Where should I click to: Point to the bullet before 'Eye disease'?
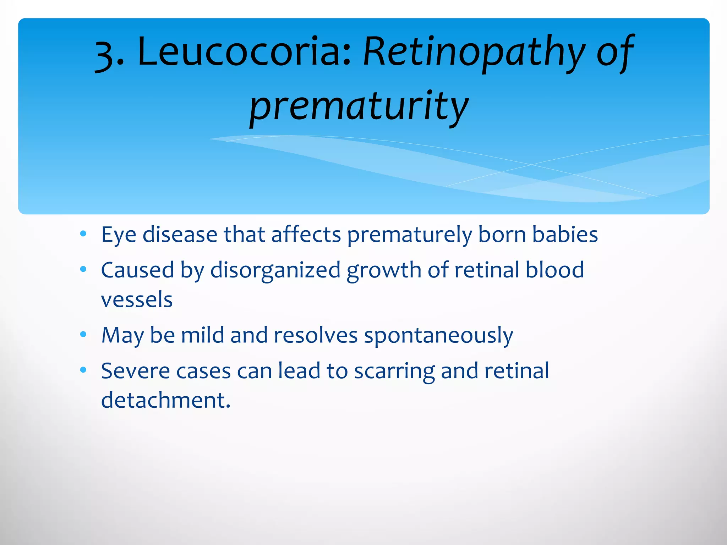point(83,234)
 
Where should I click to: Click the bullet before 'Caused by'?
point(83,269)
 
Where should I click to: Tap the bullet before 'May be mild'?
point(83,334)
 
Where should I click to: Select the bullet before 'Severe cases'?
point(83,370)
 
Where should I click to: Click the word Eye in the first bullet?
point(119,235)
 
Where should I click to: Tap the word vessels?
point(137,299)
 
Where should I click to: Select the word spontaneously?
point(438,336)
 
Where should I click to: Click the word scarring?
point(394,371)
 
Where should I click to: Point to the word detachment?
point(165,400)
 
